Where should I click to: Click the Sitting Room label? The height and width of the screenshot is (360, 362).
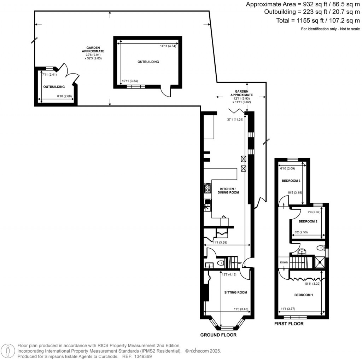click(x=235, y=292)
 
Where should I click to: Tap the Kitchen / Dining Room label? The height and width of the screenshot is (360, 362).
click(x=229, y=191)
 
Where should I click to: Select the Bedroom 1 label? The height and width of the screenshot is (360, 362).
click(x=304, y=295)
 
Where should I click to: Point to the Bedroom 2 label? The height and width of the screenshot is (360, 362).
click(x=308, y=221)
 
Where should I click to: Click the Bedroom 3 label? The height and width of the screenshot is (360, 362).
click(x=291, y=181)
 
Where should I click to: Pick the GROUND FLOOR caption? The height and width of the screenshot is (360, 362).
click(x=218, y=335)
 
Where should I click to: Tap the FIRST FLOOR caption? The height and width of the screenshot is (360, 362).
click(x=289, y=324)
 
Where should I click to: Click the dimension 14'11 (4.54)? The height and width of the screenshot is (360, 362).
click(x=168, y=46)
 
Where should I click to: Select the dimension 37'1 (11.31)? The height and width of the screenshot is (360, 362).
click(x=235, y=120)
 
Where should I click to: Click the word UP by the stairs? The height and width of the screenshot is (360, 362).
click(x=239, y=263)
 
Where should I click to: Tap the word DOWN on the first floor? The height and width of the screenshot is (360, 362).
click(x=284, y=262)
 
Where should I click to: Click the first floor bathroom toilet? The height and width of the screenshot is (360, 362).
click(x=321, y=248)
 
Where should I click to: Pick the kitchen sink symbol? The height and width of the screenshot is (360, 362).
click(x=208, y=205)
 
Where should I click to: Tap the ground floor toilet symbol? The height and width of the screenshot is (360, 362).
click(x=220, y=263)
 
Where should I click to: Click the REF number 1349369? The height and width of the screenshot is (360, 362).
click(x=141, y=357)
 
